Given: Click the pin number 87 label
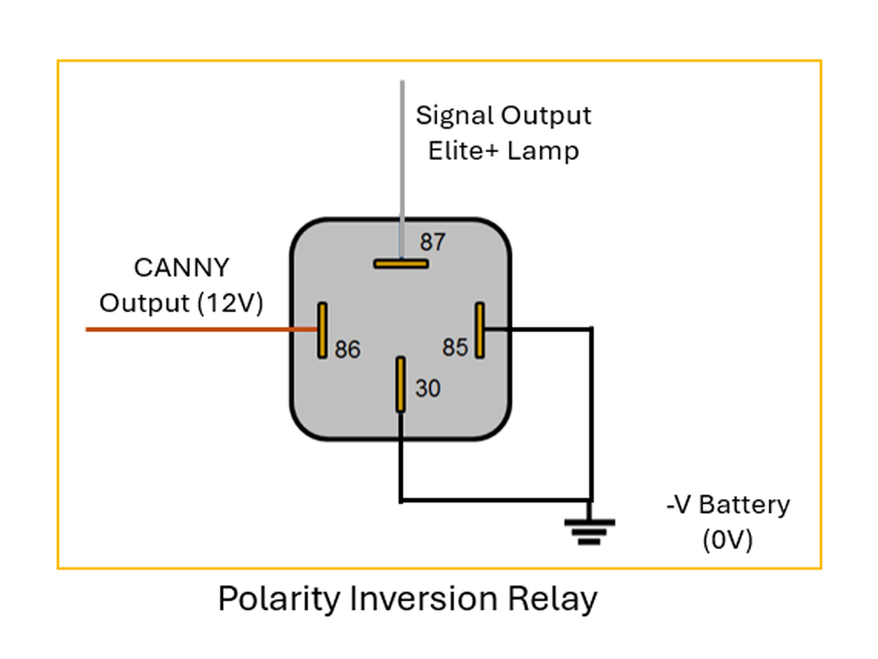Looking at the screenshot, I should point(433,242).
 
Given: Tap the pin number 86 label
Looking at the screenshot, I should point(348,350).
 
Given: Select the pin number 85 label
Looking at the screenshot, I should point(455,348).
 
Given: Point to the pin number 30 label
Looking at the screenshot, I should point(428,388).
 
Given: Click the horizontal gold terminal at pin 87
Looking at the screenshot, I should point(400,263).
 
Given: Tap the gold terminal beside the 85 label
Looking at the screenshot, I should point(479,330).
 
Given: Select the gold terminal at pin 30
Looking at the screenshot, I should point(400,384).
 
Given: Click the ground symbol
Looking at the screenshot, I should point(589,531).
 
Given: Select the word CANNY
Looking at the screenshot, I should point(181,267).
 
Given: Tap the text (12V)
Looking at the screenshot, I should point(231,303).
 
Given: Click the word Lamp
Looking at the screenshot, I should point(546,150).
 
